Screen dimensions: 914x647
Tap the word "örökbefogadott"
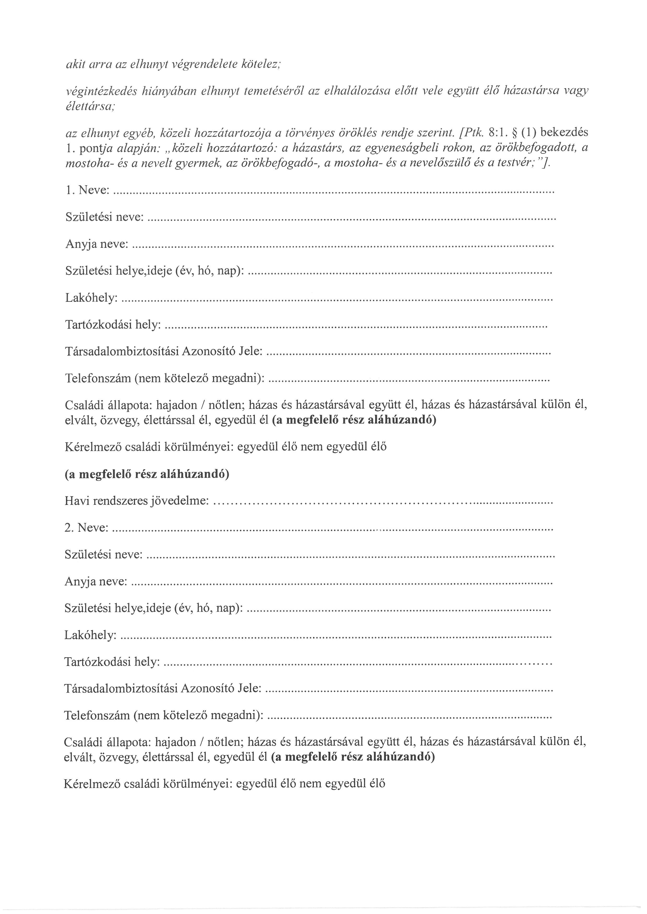(537, 148)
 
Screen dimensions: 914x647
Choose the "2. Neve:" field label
(86, 528)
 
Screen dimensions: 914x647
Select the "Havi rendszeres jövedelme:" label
(137, 501)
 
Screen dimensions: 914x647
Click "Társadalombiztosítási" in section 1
(122, 352)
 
